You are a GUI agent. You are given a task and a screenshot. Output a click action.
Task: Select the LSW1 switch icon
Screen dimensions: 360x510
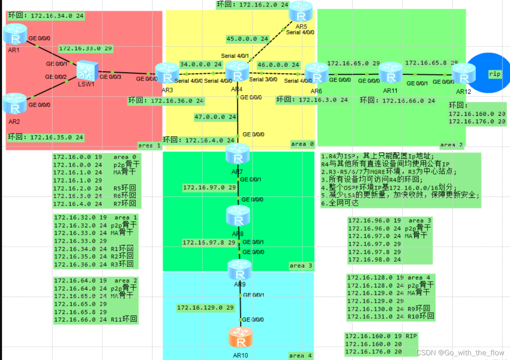(x=87, y=70)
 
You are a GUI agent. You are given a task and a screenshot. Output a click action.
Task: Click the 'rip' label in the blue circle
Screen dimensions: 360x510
(x=495, y=74)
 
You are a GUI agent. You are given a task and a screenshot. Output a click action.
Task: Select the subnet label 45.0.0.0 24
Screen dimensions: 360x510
(x=247, y=38)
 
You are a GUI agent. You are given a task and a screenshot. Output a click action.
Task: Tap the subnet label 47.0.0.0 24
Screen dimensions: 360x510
(x=215, y=117)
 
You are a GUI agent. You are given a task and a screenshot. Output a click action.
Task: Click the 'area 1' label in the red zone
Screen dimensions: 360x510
(x=149, y=145)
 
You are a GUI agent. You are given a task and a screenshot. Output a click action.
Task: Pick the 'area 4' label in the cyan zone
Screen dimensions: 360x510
(x=301, y=356)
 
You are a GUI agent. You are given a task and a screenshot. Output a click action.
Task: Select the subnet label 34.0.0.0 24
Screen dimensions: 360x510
(x=201, y=64)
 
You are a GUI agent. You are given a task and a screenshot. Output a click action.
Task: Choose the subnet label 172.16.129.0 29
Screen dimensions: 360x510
(x=206, y=307)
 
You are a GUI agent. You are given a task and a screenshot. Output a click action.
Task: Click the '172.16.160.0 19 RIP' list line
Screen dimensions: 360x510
(x=381, y=336)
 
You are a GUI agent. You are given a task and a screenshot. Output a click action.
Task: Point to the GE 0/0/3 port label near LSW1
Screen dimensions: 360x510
(x=110, y=77)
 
